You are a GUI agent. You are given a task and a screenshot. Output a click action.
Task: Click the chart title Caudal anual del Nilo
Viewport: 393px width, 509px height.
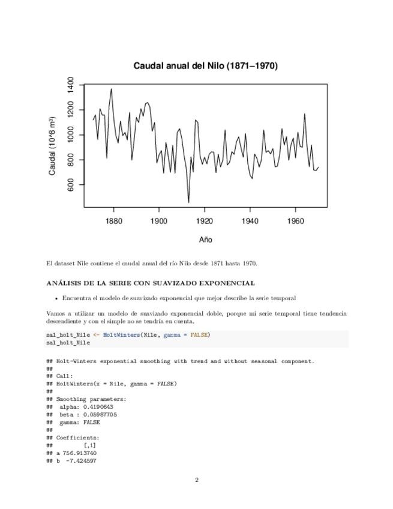[x=205, y=66]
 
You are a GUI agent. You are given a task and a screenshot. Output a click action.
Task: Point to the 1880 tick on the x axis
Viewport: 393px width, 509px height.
[x=113, y=221]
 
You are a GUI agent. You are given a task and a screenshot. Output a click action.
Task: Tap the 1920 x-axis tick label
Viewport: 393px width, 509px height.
[x=205, y=221]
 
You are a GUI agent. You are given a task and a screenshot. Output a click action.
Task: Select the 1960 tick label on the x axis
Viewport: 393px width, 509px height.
[x=296, y=221]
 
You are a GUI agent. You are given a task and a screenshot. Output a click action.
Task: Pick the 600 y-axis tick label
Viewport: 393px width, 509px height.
[x=71, y=185]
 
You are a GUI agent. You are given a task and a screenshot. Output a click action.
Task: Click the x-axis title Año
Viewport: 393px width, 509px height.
[x=205, y=240]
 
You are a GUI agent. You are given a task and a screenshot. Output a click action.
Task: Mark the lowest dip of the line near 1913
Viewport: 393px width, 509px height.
[x=188, y=202]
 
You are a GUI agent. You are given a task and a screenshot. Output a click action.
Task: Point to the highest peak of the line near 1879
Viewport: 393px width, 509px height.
[x=111, y=89]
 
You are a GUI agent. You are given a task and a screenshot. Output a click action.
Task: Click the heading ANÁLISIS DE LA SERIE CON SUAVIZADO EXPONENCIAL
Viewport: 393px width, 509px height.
[x=151, y=283]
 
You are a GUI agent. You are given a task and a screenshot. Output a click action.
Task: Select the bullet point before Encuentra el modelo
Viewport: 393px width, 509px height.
[x=56, y=298]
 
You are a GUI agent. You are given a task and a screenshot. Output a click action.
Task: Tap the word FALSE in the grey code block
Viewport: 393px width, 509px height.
[x=199, y=335]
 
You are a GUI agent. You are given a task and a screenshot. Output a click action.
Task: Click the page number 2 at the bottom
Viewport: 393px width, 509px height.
[x=196, y=480]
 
